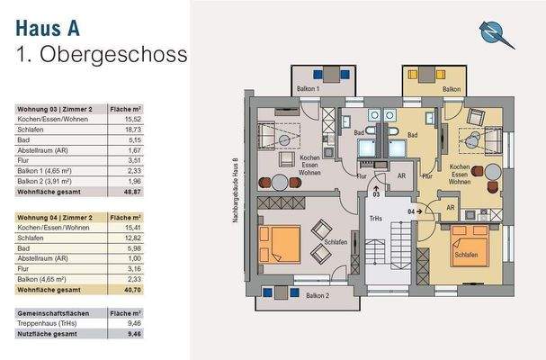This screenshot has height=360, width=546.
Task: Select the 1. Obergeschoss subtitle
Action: point(103,54)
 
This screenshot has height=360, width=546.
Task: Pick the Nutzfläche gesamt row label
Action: point(48,332)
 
